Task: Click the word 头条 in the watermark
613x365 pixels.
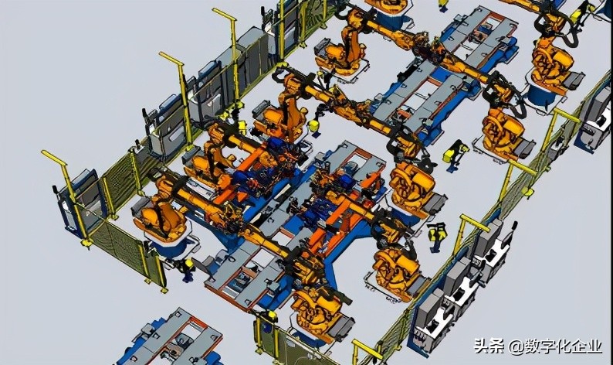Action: (x=489, y=346)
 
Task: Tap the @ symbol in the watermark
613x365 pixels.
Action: (x=516, y=346)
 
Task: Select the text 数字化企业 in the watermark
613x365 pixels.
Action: (x=564, y=346)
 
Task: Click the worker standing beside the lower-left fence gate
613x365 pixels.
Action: (x=188, y=270)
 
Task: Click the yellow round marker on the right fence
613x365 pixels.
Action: (x=527, y=192)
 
